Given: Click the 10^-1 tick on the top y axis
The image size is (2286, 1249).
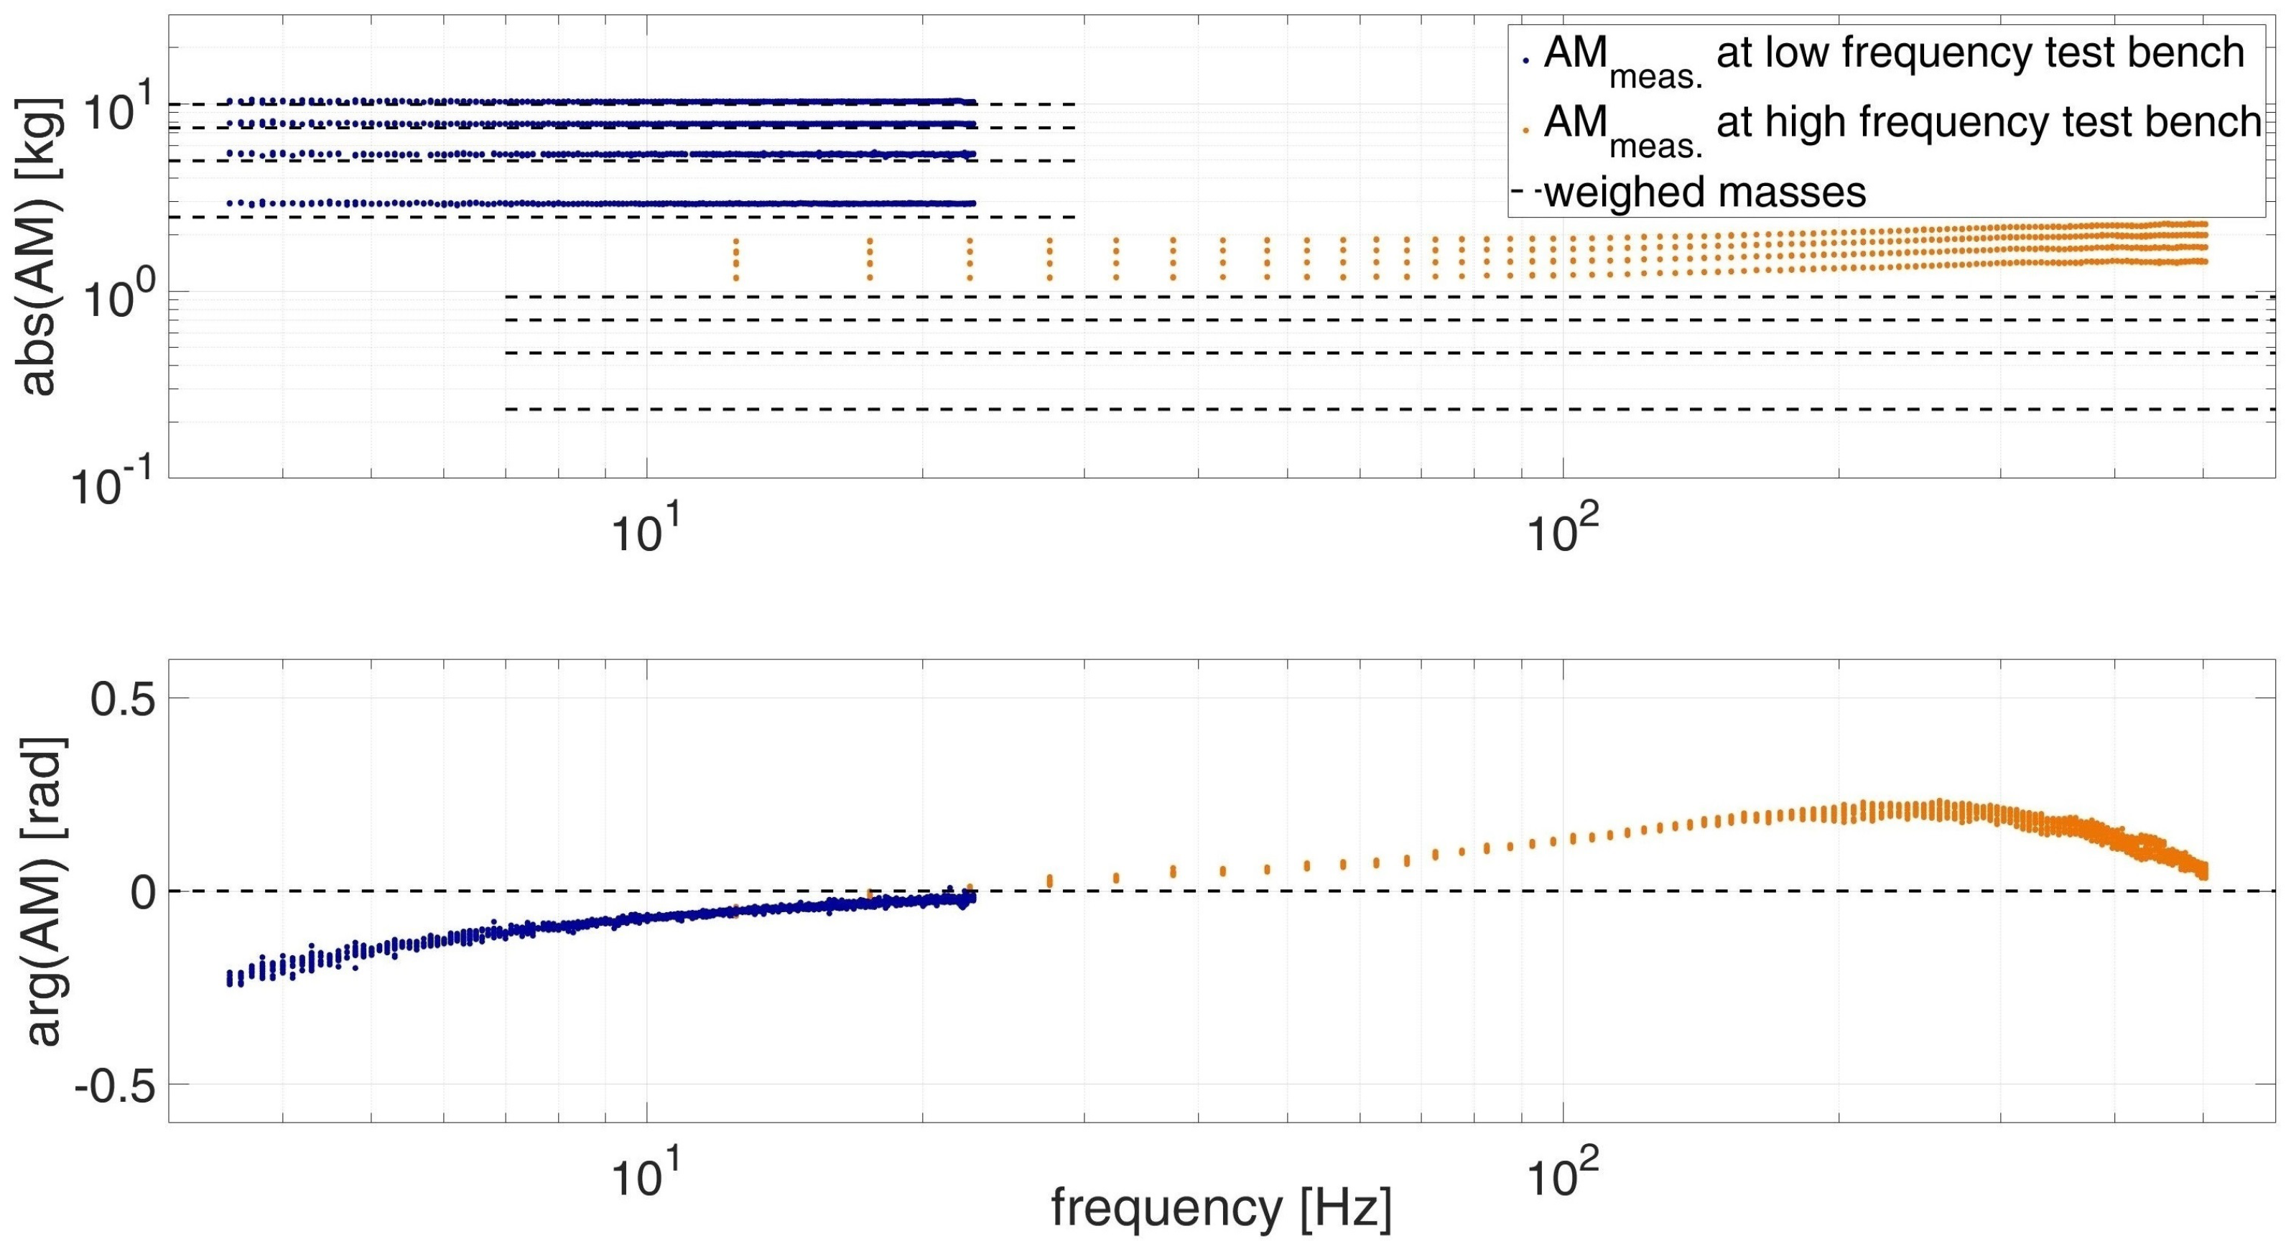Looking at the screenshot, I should point(116,484).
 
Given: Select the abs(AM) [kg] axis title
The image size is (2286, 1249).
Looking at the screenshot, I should point(40,248).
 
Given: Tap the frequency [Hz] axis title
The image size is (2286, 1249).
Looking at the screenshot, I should point(1221,1207).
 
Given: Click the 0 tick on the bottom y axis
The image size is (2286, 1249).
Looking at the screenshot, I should point(144,892).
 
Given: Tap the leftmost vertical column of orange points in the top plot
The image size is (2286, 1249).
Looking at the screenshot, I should point(735,259).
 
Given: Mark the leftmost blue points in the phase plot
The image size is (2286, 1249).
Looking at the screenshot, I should point(230,978).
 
